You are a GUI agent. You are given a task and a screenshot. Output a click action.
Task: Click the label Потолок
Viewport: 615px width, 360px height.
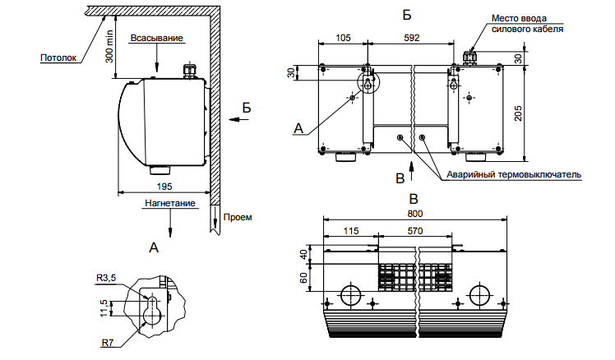(x=58, y=58)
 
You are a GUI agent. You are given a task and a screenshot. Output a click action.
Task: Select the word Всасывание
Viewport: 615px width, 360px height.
(x=156, y=39)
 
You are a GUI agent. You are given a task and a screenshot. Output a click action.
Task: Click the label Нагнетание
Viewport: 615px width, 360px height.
(x=171, y=202)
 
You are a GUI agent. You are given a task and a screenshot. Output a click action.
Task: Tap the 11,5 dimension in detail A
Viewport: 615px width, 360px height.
(x=104, y=308)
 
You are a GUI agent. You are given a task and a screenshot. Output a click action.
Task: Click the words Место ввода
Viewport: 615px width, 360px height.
(x=516, y=17)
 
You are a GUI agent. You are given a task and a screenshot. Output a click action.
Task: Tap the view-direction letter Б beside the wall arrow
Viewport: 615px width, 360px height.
(x=246, y=108)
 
